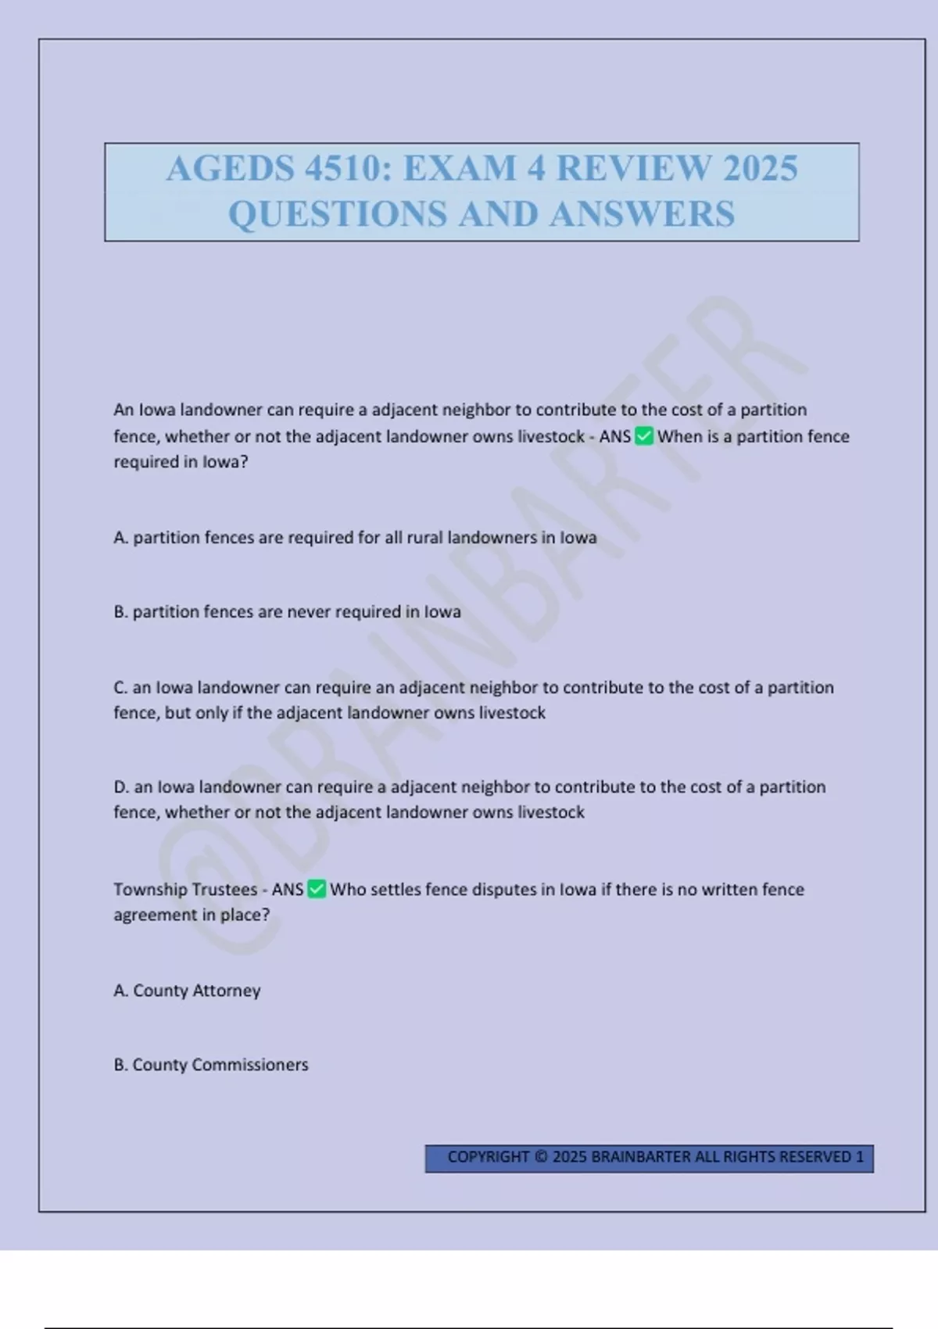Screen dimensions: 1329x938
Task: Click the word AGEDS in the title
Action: pos(231,169)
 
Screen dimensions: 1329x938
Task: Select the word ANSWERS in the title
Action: pos(643,214)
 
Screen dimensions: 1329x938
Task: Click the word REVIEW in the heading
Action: pos(633,169)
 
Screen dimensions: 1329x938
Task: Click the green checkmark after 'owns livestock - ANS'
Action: pos(644,436)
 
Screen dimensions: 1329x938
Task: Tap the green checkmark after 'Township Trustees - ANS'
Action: pos(317,889)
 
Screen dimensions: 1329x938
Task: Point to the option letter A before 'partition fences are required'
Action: pos(120,538)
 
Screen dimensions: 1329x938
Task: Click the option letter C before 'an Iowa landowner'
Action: pos(120,687)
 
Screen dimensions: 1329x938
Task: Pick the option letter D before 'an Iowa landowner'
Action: pos(121,786)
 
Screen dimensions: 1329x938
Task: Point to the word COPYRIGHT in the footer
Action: pos(488,1157)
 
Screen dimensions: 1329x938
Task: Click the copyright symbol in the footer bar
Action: pos(541,1157)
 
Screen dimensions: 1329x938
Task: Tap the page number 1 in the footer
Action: pos(860,1157)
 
